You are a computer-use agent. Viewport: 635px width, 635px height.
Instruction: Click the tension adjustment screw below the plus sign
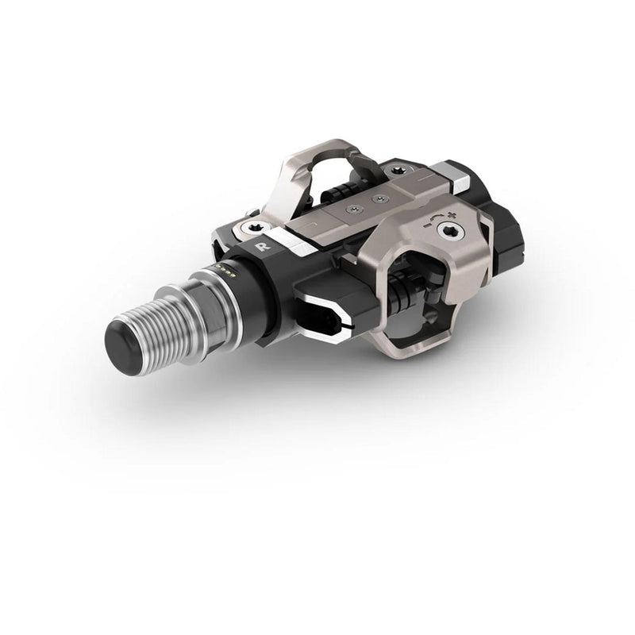pos(450,231)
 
